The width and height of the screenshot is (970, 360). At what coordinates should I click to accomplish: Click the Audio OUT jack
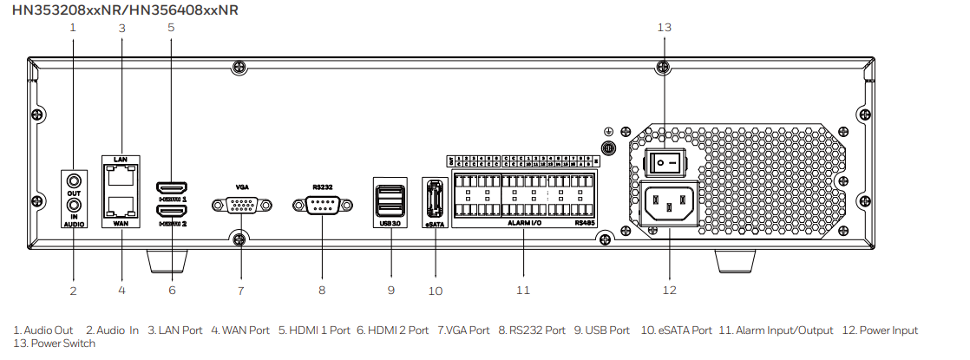pyautogui.click(x=73, y=180)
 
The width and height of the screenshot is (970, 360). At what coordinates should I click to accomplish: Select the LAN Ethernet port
pyautogui.click(x=121, y=177)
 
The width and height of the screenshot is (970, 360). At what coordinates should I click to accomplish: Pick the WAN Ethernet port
pyautogui.click(x=121, y=205)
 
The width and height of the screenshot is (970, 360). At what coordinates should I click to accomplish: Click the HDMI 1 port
pyautogui.click(x=170, y=187)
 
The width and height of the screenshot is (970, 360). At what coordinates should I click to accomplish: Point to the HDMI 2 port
pyautogui.click(x=170, y=211)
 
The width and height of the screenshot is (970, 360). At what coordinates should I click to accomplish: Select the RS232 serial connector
pyautogui.click(x=321, y=206)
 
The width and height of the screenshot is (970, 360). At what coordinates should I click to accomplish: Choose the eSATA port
pyautogui.click(x=434, y=199)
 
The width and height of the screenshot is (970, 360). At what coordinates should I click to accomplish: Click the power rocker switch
pyautogui.click(x=664, y=161)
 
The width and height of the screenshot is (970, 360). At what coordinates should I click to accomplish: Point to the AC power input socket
pyautogui.click(x=669, y=205)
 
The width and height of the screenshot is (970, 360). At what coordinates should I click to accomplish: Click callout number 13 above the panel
pyautogui.click(x=664, y=27)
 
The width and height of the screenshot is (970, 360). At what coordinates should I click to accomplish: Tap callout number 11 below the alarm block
pyautogui.click(x=522, y=290)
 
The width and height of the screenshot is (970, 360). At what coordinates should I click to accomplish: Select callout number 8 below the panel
pyautogui.click(x=322, y=290)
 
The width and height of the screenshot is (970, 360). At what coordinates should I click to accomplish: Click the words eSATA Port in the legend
pyautogui.click(x=677, y=331)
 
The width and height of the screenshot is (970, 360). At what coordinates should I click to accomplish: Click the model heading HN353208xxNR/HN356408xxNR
pyautogui.click(x=125, y=10)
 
